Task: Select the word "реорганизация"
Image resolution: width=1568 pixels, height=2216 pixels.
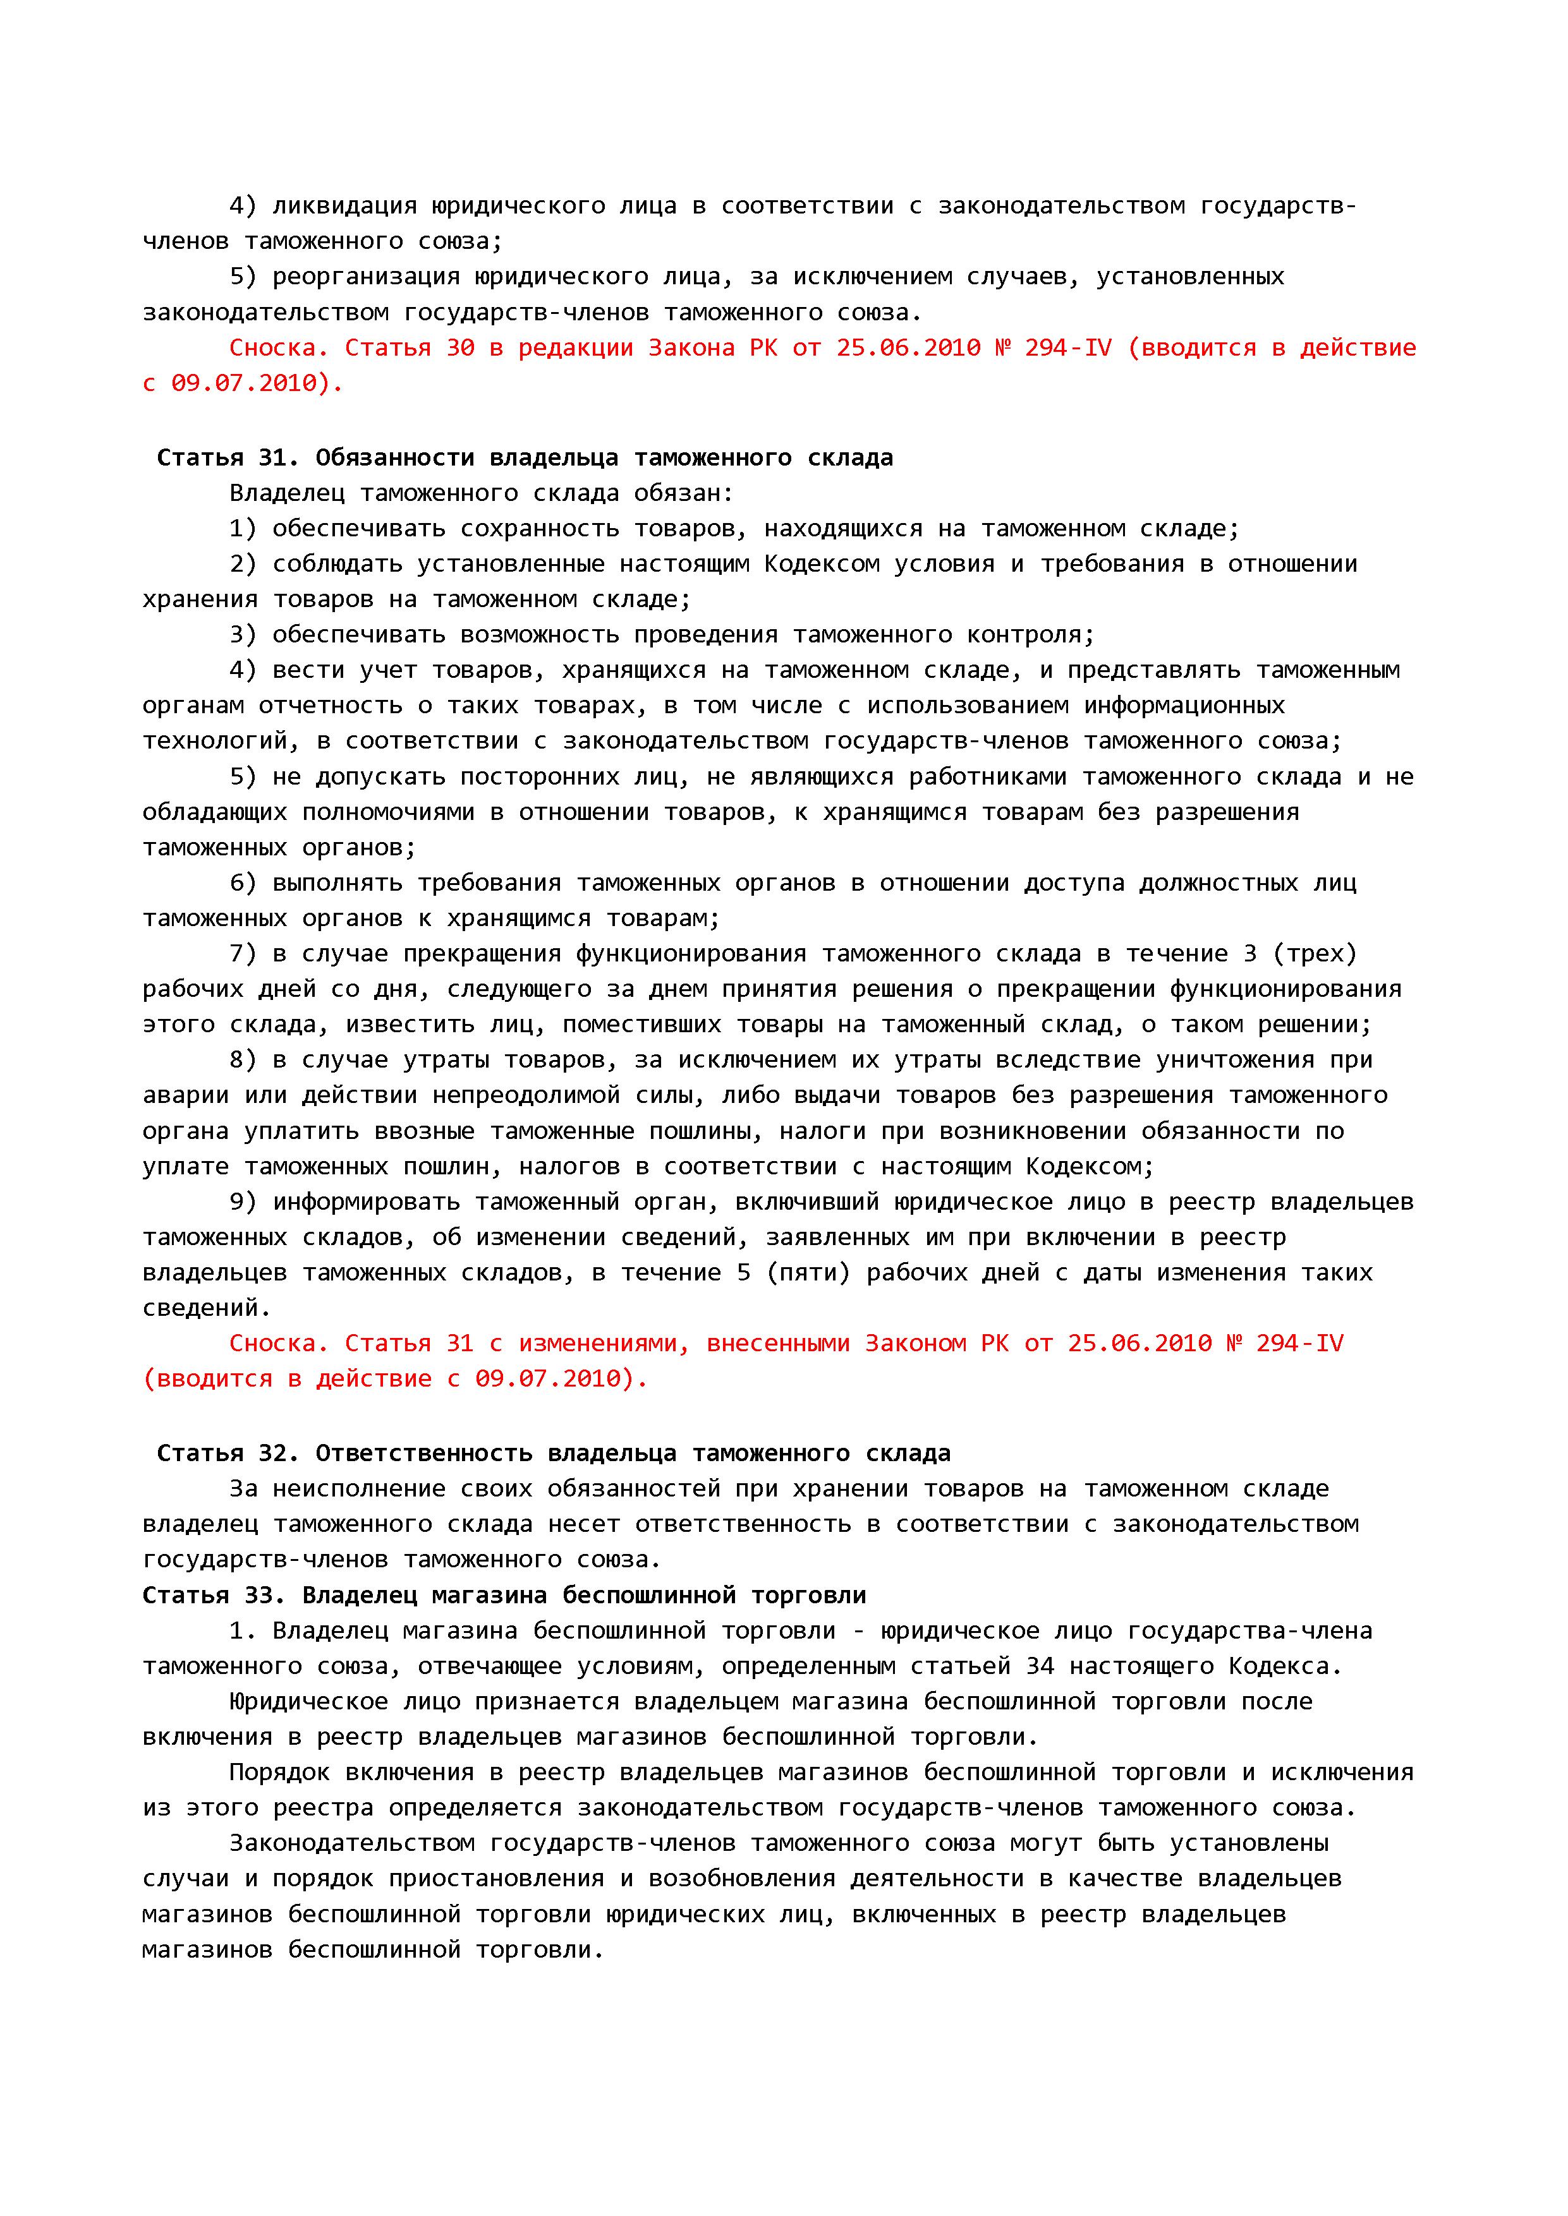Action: [365, 277]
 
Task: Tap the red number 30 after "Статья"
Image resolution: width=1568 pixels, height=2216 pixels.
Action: [461, 347]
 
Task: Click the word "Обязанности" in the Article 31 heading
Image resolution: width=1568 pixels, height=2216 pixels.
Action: [394, 457]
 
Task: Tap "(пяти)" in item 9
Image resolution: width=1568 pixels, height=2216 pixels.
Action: [808, 1273]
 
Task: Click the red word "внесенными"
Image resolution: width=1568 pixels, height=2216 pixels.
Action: [777, 1344]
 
